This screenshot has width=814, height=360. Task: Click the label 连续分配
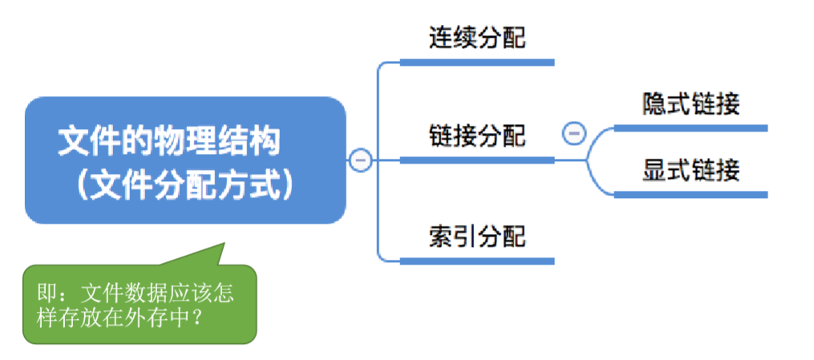[477, 38]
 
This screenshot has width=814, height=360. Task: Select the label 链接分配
[477, 136]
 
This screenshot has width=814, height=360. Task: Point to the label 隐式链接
[690, 104]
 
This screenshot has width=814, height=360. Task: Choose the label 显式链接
[690, 170]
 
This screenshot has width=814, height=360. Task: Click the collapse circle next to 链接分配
[574, 133]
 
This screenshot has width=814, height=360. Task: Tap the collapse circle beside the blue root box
[360, 160]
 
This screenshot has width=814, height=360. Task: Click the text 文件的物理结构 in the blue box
[169, 142]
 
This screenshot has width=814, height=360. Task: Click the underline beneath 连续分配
[477, 62]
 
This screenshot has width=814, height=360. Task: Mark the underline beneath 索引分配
[477, 261]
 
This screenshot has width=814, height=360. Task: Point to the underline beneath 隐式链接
[690, 127]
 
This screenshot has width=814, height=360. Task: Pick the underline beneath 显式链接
[690, 194]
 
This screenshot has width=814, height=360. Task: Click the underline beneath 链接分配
[477, 160]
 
